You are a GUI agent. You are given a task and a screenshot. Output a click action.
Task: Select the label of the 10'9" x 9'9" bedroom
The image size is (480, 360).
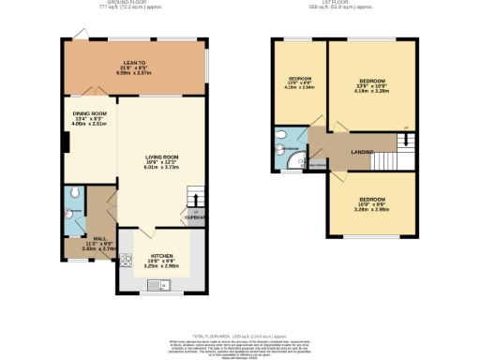coord(372,200)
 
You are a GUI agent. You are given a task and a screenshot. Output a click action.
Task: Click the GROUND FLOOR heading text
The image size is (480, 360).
coord(131,3)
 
